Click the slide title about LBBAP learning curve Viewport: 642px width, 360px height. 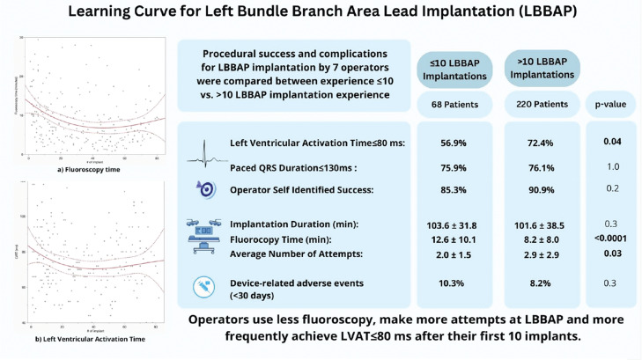point(321,17)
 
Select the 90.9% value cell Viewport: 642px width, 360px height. point(537,187)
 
